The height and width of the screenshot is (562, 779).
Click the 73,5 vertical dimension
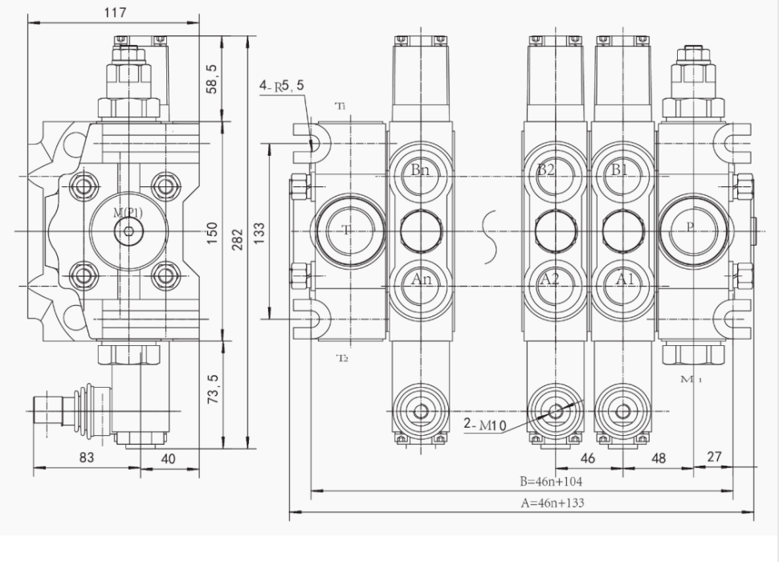(211, 388)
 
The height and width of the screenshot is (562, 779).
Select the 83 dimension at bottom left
(86, 457)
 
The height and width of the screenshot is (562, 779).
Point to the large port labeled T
(346, 230)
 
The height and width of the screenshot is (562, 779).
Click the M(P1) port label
(128, 213)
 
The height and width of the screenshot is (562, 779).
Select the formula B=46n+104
(550, 482)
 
